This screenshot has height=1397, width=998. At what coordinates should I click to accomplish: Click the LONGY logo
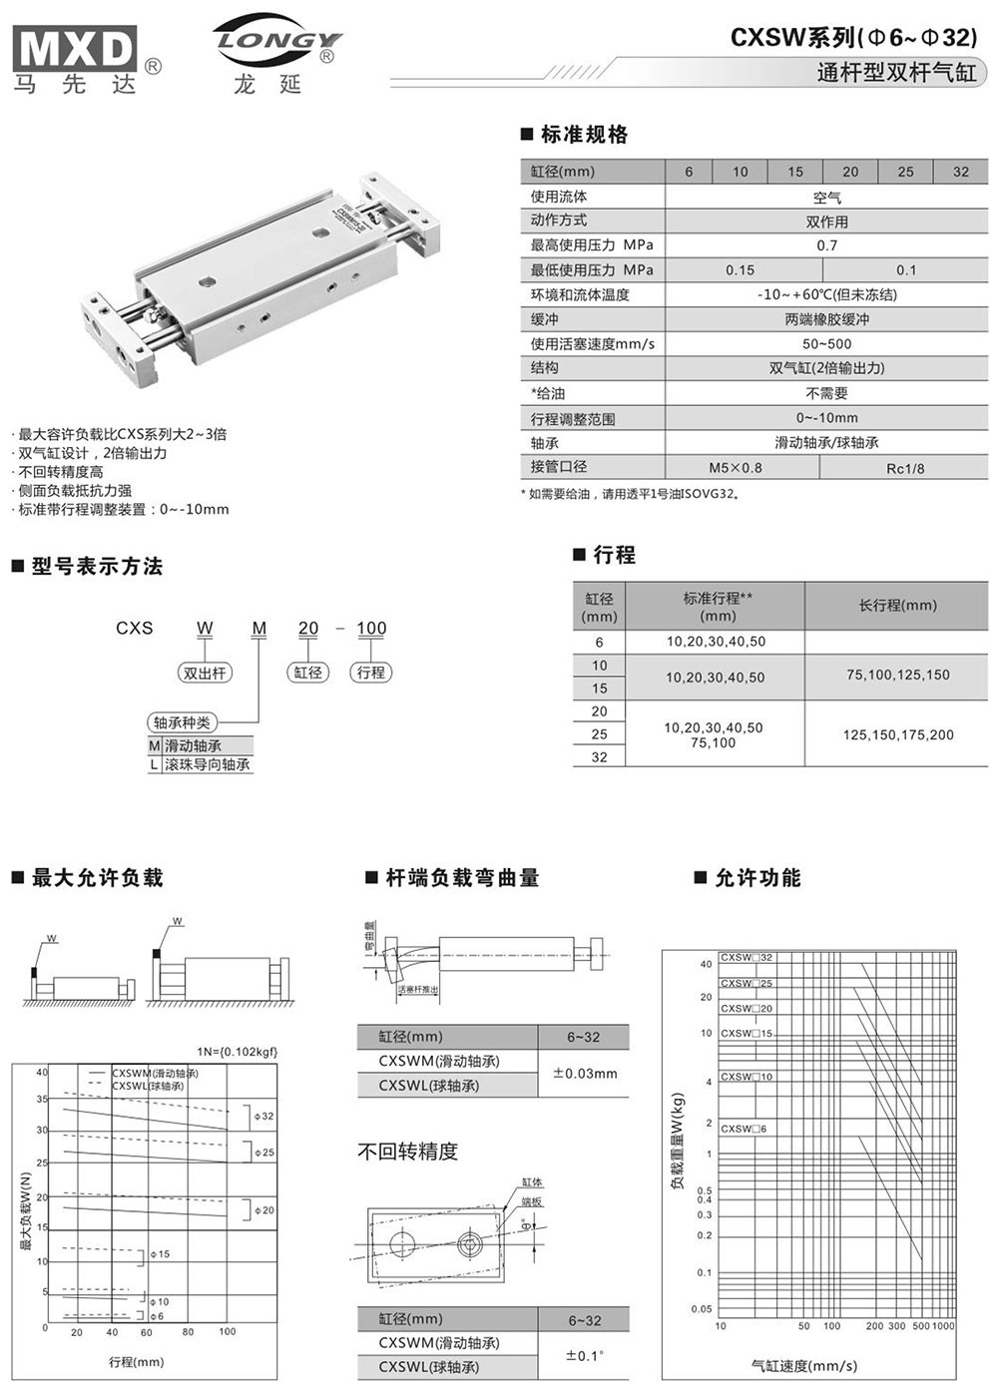click(276, 41)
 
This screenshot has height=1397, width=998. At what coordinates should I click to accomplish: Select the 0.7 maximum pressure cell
click(826, 245)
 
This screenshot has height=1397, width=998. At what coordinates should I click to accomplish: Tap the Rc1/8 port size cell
click(905, 468)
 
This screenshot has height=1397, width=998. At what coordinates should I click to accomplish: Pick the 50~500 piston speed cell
click(826, 344)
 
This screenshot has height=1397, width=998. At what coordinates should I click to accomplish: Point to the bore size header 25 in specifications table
click(905, 172)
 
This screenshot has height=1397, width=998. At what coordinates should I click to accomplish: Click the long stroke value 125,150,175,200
click(897, 735)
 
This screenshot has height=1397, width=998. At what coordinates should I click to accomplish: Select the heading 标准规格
click(584, 135)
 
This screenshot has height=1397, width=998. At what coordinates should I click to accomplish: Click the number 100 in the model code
click(370, 628)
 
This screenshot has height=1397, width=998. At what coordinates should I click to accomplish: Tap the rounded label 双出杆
click(205, 673)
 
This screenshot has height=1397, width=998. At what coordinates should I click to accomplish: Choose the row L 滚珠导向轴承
click(200, 765)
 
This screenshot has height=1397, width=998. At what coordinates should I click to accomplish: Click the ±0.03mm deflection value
click(585, 1074)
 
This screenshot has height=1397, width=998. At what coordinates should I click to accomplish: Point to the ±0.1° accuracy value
click(585, 1355)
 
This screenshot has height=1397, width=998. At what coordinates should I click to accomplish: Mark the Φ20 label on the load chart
click(264, 1210)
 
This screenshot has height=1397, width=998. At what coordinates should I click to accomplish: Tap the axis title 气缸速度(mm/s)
click(803, 1366)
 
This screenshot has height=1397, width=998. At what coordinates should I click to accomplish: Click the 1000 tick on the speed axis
click(943, 1326)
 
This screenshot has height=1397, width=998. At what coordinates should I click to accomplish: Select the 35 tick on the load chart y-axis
click(42, 1100)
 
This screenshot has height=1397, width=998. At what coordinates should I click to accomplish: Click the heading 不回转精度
click(407, 1152)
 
